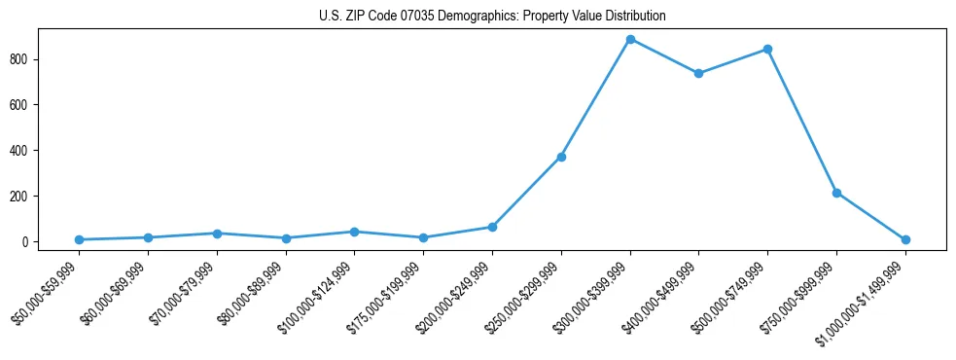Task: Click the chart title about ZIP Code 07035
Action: (x=492, y=17)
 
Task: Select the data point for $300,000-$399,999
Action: (x=630, y=39)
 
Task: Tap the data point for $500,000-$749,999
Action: (x=767, y=49)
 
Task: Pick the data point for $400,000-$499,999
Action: (x=698, y=73)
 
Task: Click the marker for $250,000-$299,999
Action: (x=561, y=157)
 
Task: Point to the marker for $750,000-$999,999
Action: (x=836, y=193)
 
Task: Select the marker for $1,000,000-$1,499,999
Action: (x=905, y=239)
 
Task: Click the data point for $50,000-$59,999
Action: (x=79, y=239)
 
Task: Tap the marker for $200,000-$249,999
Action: (x=492, y=227)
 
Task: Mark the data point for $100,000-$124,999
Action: (x=354, y=232)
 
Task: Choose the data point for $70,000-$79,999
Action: (x=217, y=234)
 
